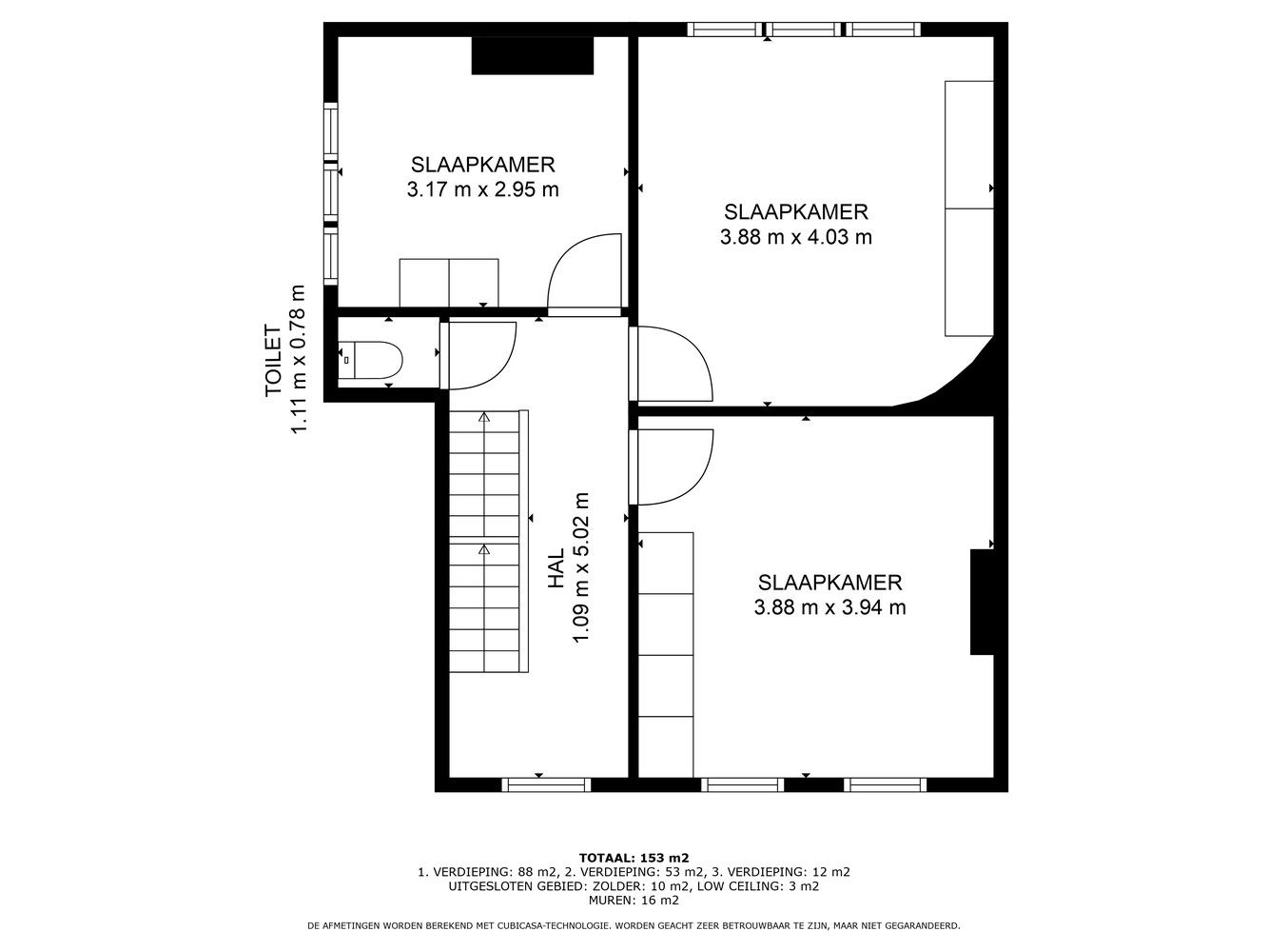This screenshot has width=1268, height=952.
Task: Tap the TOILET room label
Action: (273, 360)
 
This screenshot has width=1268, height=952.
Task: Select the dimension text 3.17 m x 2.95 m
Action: (482, 189)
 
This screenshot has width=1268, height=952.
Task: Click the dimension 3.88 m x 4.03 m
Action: (795, 237)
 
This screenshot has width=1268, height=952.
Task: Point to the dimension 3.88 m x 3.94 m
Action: (829, 607)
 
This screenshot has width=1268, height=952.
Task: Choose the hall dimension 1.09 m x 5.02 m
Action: (580, 567)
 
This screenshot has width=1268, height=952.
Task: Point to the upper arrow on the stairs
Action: (484, 417)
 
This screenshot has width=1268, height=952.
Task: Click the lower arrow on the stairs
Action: (484, 549)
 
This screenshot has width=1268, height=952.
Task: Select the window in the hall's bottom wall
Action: (546, 784)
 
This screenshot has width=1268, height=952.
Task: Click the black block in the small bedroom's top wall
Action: (533, 55)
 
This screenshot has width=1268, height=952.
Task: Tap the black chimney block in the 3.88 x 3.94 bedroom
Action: (982, 602)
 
